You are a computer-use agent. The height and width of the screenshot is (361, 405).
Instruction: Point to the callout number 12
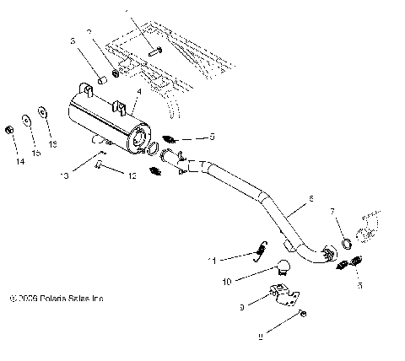point(131,175)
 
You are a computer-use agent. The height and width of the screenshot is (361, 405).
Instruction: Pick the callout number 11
point(215,260)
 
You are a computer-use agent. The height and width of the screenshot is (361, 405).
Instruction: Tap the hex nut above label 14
point(8,129)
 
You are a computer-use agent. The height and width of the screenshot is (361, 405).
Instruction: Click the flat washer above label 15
point(26,118)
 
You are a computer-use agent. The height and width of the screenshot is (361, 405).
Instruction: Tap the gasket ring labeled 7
point(347,245)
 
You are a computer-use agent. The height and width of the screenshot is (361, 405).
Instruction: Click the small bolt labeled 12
point(100,165)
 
